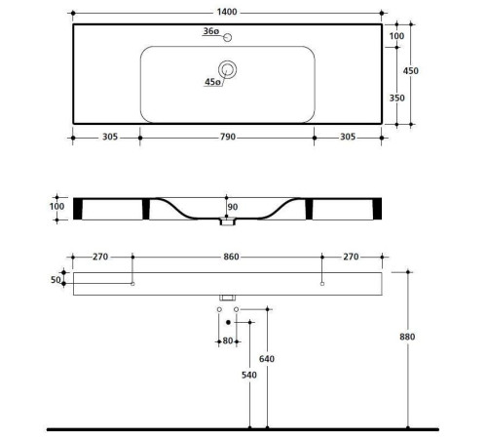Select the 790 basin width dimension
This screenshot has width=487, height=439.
(x=228, y=138)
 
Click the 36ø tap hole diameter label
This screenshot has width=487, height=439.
(x=209, y=32)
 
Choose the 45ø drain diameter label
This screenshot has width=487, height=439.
(x=211, y=83)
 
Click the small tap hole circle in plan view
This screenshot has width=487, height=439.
(x=227, y=38)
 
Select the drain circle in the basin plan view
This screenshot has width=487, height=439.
(x=228, y=69)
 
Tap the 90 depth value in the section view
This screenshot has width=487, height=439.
(x=232, y=206)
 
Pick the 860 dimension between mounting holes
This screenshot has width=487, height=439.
(x=228, y=257)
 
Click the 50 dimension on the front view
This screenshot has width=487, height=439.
(x=56, y=280)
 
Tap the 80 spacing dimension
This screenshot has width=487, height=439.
(x=228, y=340)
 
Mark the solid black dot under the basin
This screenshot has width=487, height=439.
(x=228, y=321)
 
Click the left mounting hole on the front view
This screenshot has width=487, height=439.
(x=132, y=284)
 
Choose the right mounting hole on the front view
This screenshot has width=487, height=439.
(x=322, y=284)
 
